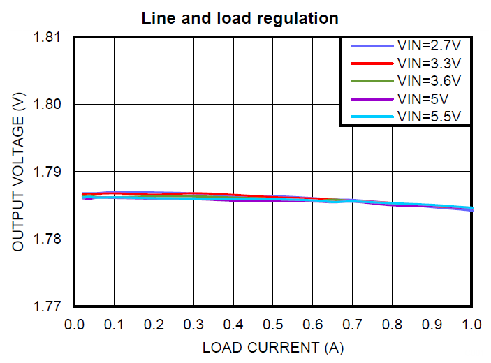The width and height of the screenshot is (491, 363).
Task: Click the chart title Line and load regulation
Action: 240,17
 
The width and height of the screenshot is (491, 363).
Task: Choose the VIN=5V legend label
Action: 423,98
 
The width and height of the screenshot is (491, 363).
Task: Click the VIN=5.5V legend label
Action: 429,115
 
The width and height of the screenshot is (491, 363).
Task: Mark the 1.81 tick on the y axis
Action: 49,37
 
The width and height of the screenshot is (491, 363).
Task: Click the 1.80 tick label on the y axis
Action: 49,104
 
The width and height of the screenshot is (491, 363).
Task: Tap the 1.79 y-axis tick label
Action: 49,172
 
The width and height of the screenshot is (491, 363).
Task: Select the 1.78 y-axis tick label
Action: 49,239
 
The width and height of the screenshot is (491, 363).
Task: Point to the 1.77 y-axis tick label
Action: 49,306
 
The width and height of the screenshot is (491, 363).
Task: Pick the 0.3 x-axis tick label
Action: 193,325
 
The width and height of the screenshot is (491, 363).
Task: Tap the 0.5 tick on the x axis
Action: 273,325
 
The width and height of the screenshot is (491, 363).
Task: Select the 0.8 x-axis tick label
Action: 393,325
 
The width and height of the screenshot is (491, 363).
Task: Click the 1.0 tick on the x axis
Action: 472,325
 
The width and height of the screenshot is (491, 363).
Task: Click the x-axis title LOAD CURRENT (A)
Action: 273,347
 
